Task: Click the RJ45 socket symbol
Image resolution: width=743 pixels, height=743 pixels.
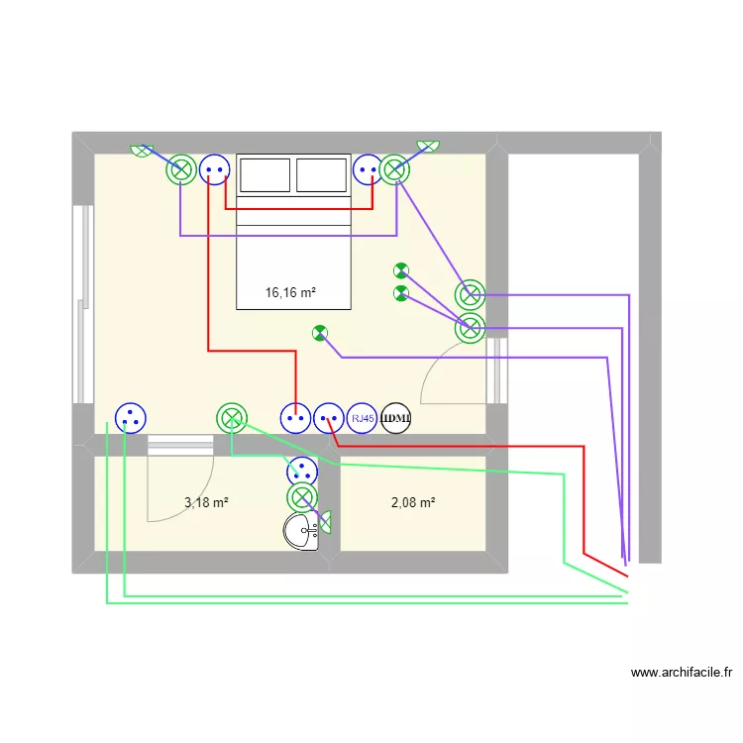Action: (364, 419)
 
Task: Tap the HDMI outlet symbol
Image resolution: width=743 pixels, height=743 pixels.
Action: (396, 419)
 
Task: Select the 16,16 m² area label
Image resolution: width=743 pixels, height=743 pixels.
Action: (290, 292)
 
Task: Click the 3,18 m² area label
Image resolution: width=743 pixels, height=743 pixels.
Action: (206, 502)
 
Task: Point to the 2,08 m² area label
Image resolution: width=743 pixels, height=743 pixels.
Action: (413, 502)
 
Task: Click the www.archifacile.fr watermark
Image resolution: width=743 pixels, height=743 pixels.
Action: (682, 673)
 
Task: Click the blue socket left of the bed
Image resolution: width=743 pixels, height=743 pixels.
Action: (214, 170)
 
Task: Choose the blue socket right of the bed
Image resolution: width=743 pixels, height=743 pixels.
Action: (368, 170)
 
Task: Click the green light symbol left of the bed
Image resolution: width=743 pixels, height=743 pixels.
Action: (181, 170)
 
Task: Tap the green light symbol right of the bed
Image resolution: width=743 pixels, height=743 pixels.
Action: (395, 170)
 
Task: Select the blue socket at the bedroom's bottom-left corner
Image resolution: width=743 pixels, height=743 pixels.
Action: (129, 419)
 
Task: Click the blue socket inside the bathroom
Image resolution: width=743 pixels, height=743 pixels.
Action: (302, 472)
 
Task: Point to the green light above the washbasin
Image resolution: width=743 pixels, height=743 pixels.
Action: (302, 497)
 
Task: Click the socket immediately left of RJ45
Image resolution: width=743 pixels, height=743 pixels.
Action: (329, 419)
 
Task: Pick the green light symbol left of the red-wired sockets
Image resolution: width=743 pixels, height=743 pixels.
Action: (232, 419)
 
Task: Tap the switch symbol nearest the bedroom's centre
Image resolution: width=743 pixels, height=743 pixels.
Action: (319, 333)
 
